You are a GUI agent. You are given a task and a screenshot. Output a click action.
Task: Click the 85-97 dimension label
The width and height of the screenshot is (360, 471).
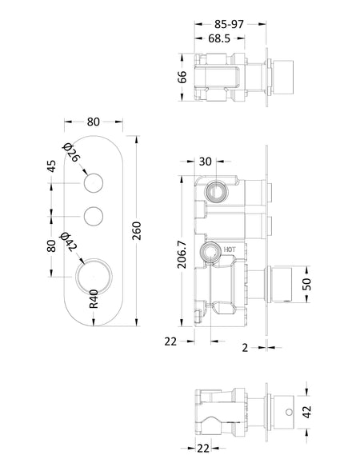(229, 24)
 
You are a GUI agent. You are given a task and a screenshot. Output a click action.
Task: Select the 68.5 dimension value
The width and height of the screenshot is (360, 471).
(219, 38)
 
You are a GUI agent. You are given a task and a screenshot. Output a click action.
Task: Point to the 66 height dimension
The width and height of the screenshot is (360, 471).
(182, 78)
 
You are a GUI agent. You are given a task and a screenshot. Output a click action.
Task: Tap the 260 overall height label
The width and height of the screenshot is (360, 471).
(137, 230)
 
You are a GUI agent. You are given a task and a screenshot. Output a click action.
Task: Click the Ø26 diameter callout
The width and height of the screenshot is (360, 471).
(72, 153)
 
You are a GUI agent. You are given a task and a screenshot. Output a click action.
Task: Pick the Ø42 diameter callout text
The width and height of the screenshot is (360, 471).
(69, 241)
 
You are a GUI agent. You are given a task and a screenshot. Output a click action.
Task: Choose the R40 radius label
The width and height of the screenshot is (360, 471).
(94, 299)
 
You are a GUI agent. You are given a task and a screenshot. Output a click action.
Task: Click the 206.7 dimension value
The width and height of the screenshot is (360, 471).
(182, 255)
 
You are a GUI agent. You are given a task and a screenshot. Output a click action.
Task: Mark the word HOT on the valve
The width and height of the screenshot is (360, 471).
(230, 249)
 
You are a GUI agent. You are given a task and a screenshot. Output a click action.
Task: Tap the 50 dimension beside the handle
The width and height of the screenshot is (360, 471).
(307, 284)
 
